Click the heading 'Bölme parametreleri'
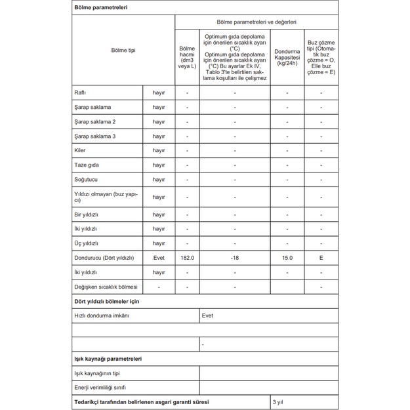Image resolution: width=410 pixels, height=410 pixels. pyautogui.click(x=100, y=8)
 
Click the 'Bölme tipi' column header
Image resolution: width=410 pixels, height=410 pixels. pyautogui.click(x=123, y=51)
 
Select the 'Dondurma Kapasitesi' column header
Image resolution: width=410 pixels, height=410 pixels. pyautogui.click(x=287, y=57)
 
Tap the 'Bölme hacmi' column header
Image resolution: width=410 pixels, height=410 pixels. pyautogui.click(x=187, y=57)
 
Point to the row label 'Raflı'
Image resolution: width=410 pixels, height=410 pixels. pyautogui.click(x=81, y=92)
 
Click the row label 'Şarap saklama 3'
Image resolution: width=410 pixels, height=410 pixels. pyautogui.click(x=95, y=136)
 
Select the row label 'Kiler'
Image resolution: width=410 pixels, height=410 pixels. pyautogui.click(x=81, y=150)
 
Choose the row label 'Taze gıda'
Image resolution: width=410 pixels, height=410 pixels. pyautogui.click(x=87, y=165)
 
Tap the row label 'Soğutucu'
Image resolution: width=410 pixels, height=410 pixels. pyautogui.click(x=87, y=179)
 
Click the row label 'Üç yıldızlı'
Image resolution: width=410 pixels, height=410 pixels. pyautogui.click(x=87, y=243)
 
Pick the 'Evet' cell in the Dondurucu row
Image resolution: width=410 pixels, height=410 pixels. pyautogui.click(x=159, y=258)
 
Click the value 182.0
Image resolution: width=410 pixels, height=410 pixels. pyautogui.click(x=187, y=258)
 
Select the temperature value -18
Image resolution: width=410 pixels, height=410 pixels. pyautogui.click(x=235, y=258)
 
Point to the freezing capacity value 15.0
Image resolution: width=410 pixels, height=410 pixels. pyautogui.click(x=287, y=258)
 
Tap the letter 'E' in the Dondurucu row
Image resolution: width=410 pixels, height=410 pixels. pyautogui.click(x=321, y=258)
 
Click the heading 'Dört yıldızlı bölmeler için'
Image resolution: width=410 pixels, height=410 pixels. pyautogui.click(x=106, y=301)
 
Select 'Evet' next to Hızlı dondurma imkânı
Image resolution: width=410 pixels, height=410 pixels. pyautogui.click(x=207, y=316)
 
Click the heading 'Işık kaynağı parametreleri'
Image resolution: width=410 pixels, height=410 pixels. pyautogui.click(x=108, y=359)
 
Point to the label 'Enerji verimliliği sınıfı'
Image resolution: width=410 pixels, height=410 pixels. pyautogui.click(x=100, y=388)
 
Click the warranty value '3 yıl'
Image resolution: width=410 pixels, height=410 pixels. pyautogui.click(x=278, y=402)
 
